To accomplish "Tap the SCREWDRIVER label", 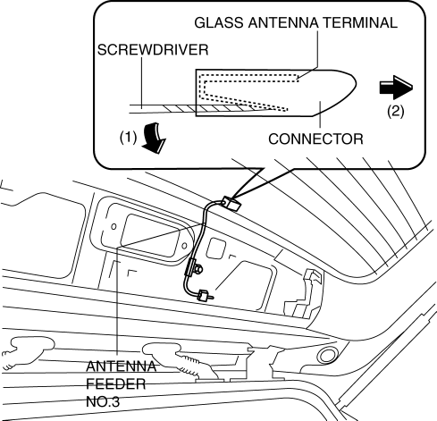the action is point(153,50).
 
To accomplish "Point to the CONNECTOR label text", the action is point(315,139).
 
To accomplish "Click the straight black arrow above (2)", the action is point(396,88).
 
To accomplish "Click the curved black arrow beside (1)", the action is point(153,139).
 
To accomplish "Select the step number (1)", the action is point(128,138).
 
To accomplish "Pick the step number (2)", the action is point(396,112).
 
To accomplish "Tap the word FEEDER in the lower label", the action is point(116,384).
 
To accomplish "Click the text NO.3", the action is point(103,401).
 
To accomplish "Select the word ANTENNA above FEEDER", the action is point(121,366).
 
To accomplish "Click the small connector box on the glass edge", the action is point(231,203).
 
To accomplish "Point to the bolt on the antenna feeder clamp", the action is point(198,269).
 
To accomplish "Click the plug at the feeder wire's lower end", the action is point(204,296).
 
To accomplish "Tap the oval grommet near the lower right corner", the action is point(327,355).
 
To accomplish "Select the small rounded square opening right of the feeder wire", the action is point(215,248).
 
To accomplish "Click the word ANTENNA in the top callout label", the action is point(283,23).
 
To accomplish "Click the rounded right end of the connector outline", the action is point(356,83).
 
